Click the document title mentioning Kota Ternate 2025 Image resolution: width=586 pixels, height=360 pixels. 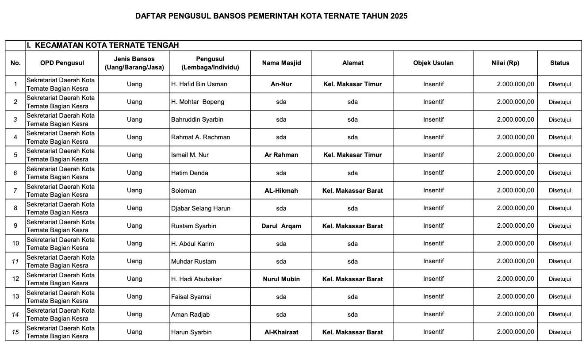click(x=271, y=16)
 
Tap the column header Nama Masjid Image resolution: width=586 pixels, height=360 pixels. click(x=281, y=63)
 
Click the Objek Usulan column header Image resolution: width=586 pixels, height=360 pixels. click(x=433, y=63)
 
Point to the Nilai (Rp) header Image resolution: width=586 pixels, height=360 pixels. click(x=505, y=63)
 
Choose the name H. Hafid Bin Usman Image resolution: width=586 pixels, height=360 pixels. click(x=199, y=84)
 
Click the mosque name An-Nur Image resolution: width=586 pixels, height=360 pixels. click(x=281, y=84)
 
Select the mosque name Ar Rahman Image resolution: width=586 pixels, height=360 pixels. click(x=281, y=155)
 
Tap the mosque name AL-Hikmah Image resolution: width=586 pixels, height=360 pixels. click(x=281, y=191)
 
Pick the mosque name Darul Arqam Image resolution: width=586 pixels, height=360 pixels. click(x=281, y=226)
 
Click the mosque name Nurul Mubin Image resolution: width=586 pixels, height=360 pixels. click(x=281, y=279)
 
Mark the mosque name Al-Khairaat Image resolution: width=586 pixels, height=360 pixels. click(x=281, y=332)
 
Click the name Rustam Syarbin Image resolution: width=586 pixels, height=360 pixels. click(x=194, y=226)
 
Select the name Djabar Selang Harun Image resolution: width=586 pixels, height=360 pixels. click(x=201, y=208)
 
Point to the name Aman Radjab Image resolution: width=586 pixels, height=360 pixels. click(x=190, y=314)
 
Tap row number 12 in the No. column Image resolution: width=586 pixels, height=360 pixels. click(x=15, y=279)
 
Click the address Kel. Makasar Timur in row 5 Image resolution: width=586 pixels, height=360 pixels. click(x=352, y=155)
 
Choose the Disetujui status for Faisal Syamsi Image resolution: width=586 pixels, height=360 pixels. click(x=559, y=297)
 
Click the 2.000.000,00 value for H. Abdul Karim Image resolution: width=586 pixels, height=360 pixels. click(x=515, y=244)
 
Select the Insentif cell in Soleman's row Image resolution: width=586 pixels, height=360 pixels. click(x=433, y=191)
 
